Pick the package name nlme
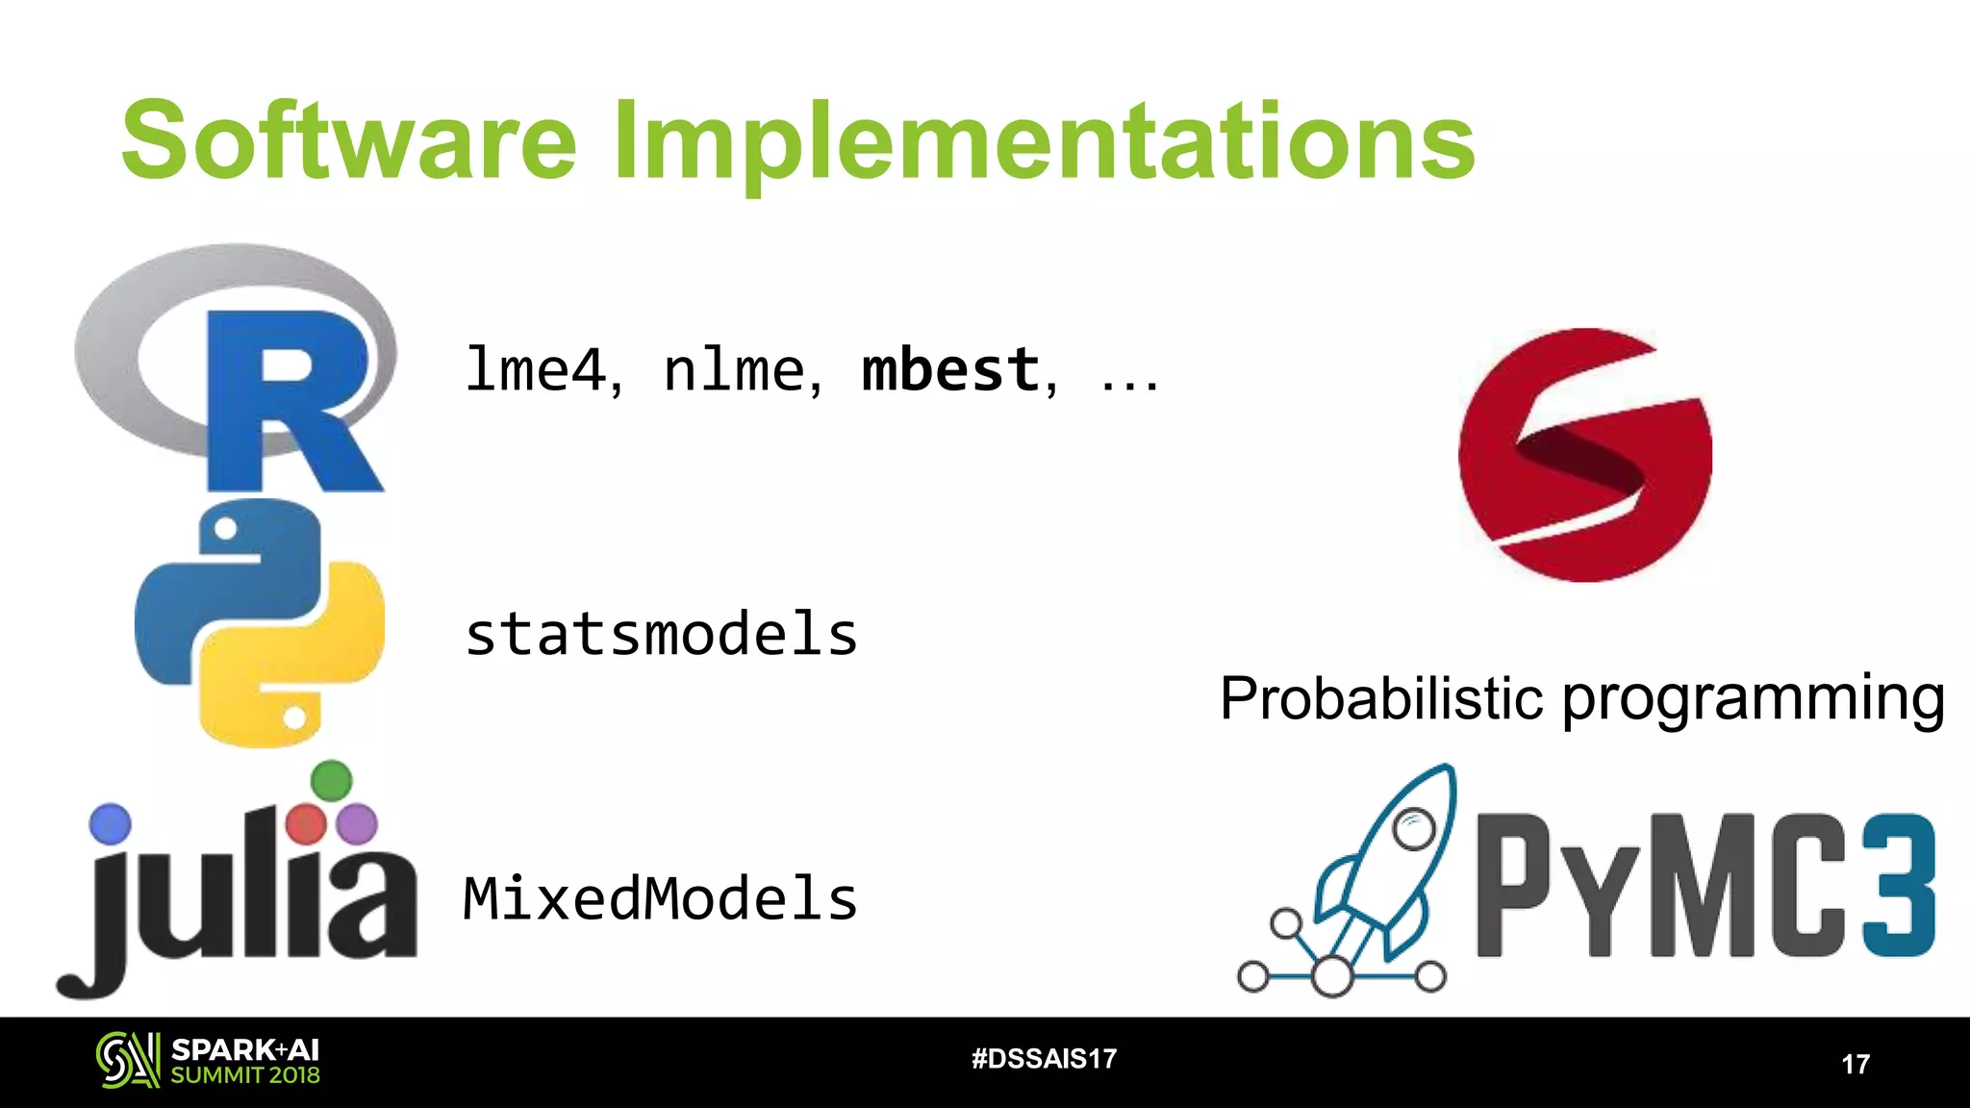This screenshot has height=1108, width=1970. pos(735,370)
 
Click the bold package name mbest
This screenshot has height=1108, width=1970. pos(950,370)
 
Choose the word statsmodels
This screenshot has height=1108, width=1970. pos(661,635)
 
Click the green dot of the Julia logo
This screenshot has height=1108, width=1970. pos(332,780)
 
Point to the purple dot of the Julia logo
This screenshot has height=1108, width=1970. pos(358,824)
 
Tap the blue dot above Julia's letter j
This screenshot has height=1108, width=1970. pos(110,824)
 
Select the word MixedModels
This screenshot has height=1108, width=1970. pos(660,899)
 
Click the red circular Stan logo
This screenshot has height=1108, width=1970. pos(1584,455)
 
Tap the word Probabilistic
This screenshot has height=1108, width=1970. pos(1381,698)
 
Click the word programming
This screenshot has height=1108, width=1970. pos(1753,700)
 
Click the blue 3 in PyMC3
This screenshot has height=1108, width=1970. pos(1898,885)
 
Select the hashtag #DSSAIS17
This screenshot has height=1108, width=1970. pos(1044,1059)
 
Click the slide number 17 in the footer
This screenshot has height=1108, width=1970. pos(1856,1064)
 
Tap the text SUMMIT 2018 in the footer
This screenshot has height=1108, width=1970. pos(245,1075)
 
